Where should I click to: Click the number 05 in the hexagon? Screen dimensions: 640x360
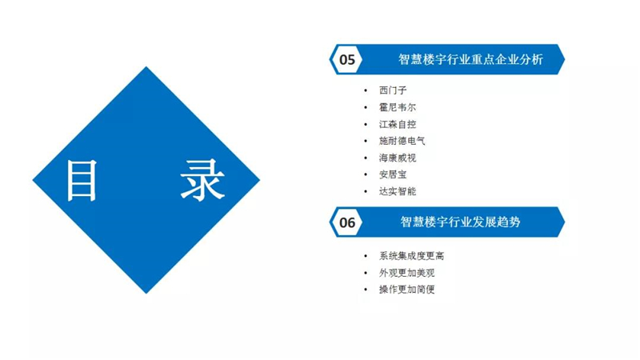(x=347, y=59)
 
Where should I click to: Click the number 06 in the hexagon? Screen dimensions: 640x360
(x=347, y=222)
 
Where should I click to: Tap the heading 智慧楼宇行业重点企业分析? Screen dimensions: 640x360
(x=470, y=59)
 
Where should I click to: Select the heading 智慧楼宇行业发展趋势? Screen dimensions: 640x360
(x=460, y=222)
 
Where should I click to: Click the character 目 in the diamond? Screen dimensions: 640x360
(x=82, y=180)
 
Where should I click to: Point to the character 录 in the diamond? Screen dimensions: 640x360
(x=202, y=180)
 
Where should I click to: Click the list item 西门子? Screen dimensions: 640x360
(x=393, y=90)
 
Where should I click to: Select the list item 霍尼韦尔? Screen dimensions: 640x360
(x=397, y=107)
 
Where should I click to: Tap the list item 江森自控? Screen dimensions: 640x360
(x=397, y=124)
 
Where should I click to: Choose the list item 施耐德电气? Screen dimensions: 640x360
(x=402, y=141)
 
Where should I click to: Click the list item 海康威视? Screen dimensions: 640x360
(x=397, y=158)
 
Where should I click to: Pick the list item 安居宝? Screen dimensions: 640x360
(x=393, y=174)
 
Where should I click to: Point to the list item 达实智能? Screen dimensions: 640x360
(x=397, y=191)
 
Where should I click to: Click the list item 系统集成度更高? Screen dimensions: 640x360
(x=411, y=256)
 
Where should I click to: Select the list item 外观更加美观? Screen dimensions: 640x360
(x=406, y=273)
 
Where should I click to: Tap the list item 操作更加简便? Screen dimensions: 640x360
(x=406, y=290)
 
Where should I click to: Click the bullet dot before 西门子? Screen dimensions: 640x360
(x=366, y=90)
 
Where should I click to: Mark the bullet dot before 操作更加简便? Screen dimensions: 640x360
(x=366, y=290)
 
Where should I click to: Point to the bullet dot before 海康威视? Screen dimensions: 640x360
(x=366, y=158)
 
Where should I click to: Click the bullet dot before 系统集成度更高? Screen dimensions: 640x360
(x=366, y=256)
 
